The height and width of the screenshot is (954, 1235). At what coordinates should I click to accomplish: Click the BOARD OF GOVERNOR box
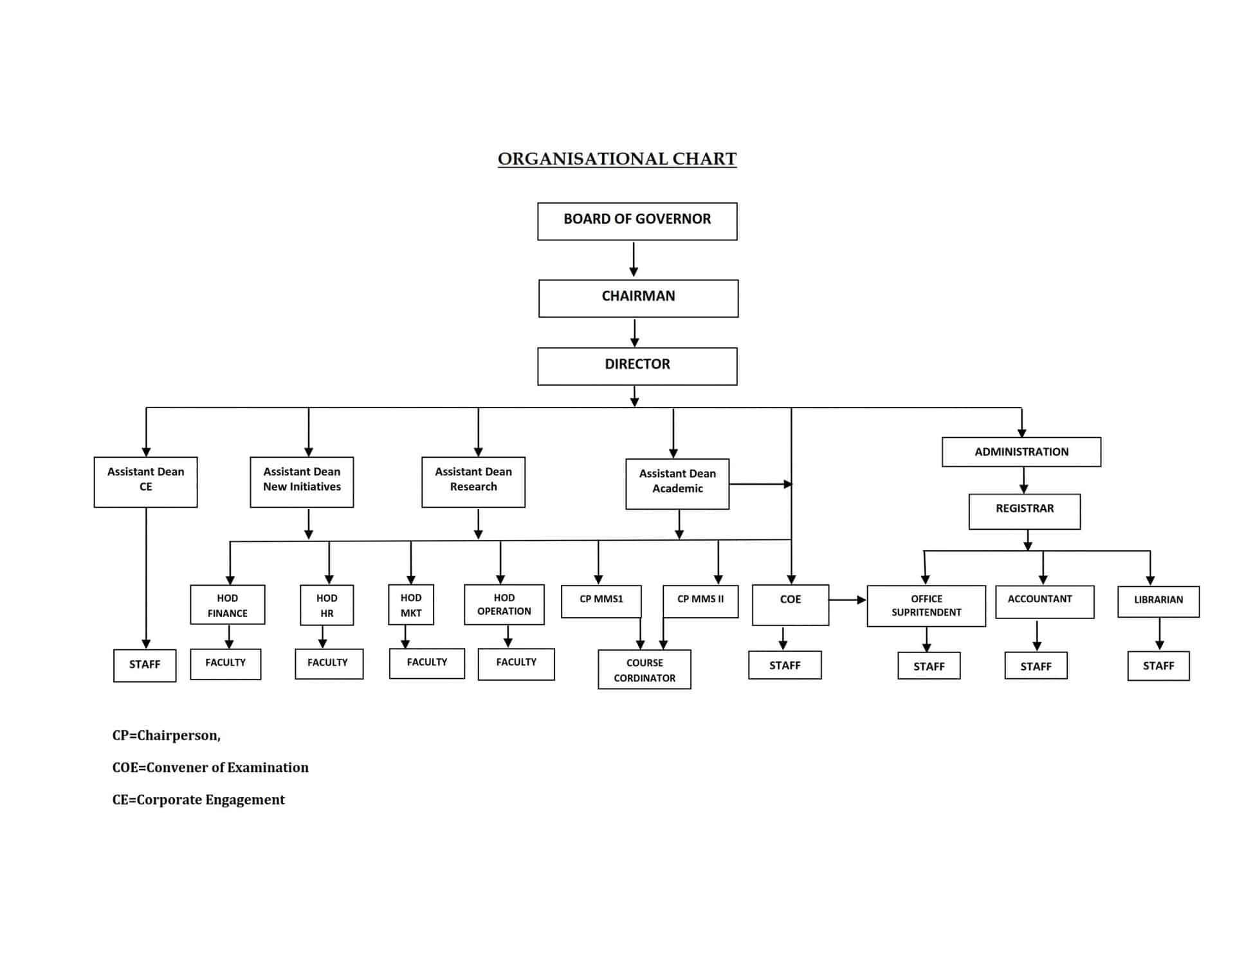[x=637, y=221]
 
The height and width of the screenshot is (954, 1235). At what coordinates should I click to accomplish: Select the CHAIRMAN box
[x=638, y=298]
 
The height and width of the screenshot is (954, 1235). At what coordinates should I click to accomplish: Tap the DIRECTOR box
[x=637, y=366]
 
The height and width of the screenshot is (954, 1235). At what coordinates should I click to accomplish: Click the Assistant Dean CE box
[x=145, y=482]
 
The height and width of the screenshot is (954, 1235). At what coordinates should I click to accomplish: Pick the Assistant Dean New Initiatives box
[x=302, y=482]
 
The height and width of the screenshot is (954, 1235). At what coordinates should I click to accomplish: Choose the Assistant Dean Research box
[x=473, y=482]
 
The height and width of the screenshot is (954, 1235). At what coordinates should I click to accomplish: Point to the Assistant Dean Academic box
[x=677, y=484]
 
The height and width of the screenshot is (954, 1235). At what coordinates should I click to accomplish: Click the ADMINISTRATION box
[x=1021, y=452]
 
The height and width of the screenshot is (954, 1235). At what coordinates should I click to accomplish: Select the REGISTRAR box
[x=1025, y=512]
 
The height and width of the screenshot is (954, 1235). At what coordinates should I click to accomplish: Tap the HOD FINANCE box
[x=228, y=605]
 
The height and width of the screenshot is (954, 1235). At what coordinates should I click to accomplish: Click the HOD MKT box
[x=411, y=605]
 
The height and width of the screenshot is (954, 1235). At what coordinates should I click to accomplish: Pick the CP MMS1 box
[x=601, y=602]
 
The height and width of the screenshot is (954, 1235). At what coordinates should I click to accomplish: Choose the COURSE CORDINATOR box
[x=645, y=670]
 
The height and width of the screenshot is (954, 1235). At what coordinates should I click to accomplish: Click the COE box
[x=791, y=605]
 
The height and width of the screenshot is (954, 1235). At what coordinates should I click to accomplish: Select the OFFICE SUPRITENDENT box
[x=926, y=606]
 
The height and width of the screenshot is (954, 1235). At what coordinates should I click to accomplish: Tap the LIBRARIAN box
[x=1158, y=602]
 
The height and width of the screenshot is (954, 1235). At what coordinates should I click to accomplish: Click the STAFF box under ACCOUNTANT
[x=1036, y=666]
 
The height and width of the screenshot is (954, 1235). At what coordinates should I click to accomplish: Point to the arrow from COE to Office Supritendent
[x=848, y=600]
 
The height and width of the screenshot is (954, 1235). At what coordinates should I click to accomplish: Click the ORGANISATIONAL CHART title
[x=617, y=159]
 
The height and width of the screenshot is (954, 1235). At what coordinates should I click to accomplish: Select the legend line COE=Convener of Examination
[x=210, y=768]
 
